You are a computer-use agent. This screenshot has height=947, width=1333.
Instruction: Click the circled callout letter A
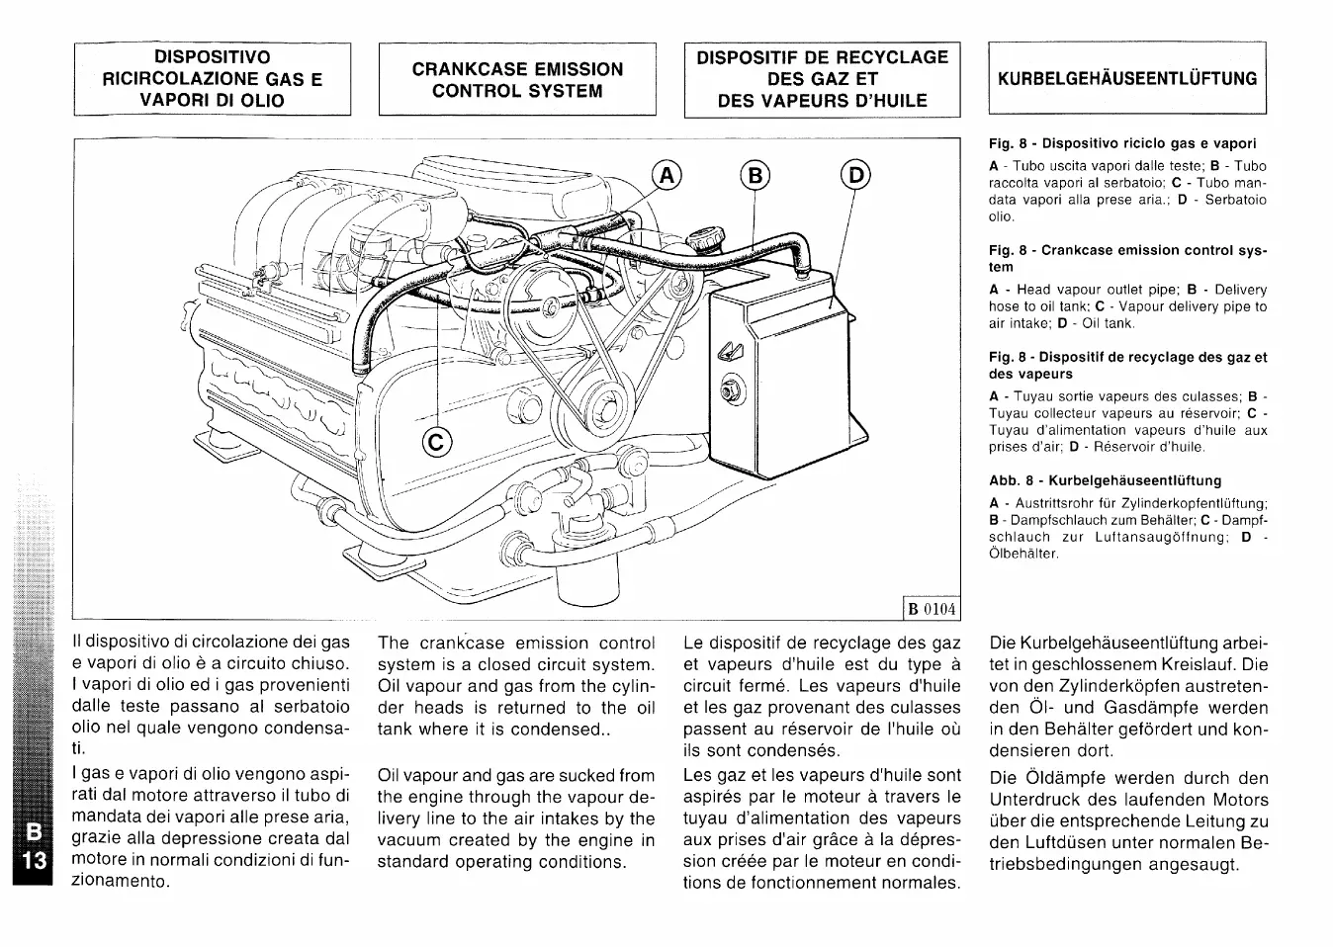click(667, 176)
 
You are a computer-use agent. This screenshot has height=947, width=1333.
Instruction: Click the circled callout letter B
click(756, 176)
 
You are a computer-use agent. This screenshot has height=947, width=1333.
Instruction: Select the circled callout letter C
click(437, 442)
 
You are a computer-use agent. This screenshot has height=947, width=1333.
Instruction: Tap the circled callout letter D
click(855, 176)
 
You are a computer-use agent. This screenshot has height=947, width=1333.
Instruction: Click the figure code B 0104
click(932, 608)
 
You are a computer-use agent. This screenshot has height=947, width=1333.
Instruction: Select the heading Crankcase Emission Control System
click(517, 80)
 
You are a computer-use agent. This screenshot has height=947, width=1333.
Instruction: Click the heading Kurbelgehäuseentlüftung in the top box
click(1127, 79)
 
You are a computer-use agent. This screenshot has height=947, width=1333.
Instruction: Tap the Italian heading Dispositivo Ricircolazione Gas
click(212, 79)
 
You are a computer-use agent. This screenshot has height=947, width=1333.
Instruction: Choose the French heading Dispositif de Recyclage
click(822, 79)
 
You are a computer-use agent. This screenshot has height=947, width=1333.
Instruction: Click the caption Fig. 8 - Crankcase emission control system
click(1127, 258)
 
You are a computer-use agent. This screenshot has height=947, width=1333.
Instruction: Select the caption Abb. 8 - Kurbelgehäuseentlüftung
click(1106, 480)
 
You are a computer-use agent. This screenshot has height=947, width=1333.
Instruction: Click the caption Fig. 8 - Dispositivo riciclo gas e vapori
click(1122, 143)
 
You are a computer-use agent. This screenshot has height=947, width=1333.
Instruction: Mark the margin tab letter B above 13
click(34, 836)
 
